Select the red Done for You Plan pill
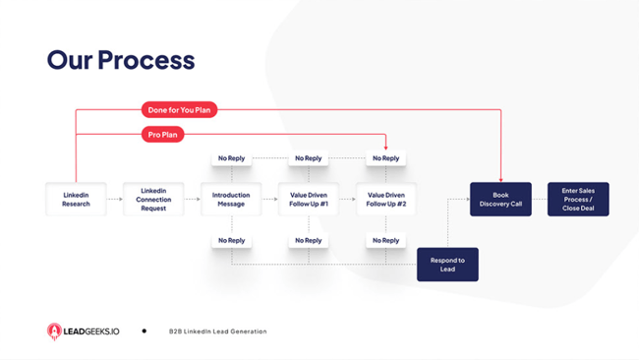[x=178, y=110]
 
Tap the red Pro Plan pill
[x=163, y=135]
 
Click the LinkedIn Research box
[x=76, y=200]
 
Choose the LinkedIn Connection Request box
[x=153, y=200]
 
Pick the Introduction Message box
[x=231, y=200]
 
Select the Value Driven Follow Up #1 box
[x=308, y=200]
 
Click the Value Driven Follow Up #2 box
[x=385, y=200]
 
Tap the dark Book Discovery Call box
[x=500, y=200]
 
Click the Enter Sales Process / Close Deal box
[x=578, y=200]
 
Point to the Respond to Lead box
[x=447, y=265]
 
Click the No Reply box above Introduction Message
[x=231, y=158]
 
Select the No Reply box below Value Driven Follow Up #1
[x=308, y=240]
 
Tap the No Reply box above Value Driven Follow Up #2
[x=385, y=158]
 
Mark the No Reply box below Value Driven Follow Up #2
[x=385, y=240]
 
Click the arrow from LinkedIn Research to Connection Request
[x=114, y=200]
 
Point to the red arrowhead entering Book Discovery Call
[x=500, y=179]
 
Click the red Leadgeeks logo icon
[x=55, y=331]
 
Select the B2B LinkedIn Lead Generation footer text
[x=217, y=331]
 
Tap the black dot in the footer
[x=145, y=331]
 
